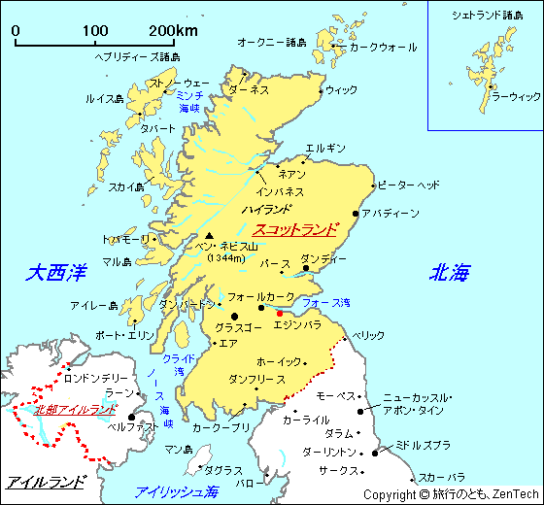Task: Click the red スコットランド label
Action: pyautogui.click(x=294, y=230)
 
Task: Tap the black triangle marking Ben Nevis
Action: pyautogui.click(x=209, y=235)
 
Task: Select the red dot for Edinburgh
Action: pyautogui.click(x=279, y=313)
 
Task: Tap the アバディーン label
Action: pyautogui.click(x=391, y=213)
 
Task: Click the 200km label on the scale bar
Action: pyautogui.click(x=173, y=31)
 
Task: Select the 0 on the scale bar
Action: pyautogui.click(x=16, y=31)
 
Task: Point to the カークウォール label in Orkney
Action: pyautogui.click(x=383, y=47)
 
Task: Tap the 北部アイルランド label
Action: pyautogui.click(x=75, y=409)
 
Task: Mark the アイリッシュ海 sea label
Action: pyautogui.click(x=177, y=490)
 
